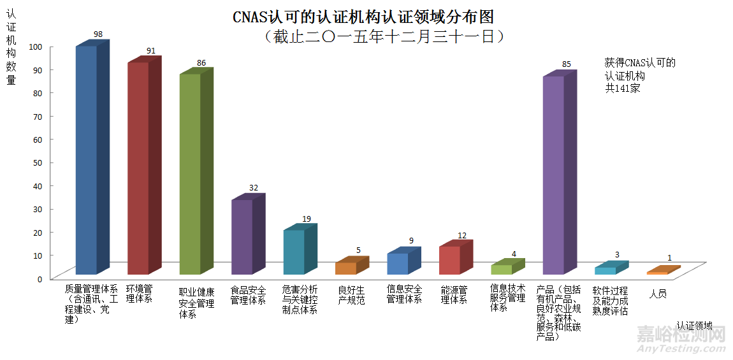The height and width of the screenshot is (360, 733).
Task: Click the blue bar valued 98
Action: [87, 159]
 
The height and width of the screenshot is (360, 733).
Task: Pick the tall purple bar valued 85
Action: [553, 175]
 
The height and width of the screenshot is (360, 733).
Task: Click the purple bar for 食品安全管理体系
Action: [242, 236]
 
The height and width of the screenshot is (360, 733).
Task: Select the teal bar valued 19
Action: [294, 252]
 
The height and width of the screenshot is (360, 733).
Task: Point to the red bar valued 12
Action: [450, 260]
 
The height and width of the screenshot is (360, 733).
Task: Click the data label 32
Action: [254, 188]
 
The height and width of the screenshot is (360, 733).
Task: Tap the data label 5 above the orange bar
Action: [358, 250]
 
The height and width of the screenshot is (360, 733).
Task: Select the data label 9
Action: [411, 241]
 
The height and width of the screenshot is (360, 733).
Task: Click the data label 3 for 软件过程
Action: [617, 255]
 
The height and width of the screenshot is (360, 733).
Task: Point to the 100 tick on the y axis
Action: [36, 47]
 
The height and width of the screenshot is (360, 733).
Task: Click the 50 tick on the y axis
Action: [38, 162]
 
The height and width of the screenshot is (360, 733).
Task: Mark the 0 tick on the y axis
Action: [40, 278]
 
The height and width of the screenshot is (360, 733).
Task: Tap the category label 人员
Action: [658, 294]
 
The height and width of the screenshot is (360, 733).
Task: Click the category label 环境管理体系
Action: [139, 294]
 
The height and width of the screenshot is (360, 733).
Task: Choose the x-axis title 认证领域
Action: [695, 326]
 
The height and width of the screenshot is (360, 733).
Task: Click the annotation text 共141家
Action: [622, 89]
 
